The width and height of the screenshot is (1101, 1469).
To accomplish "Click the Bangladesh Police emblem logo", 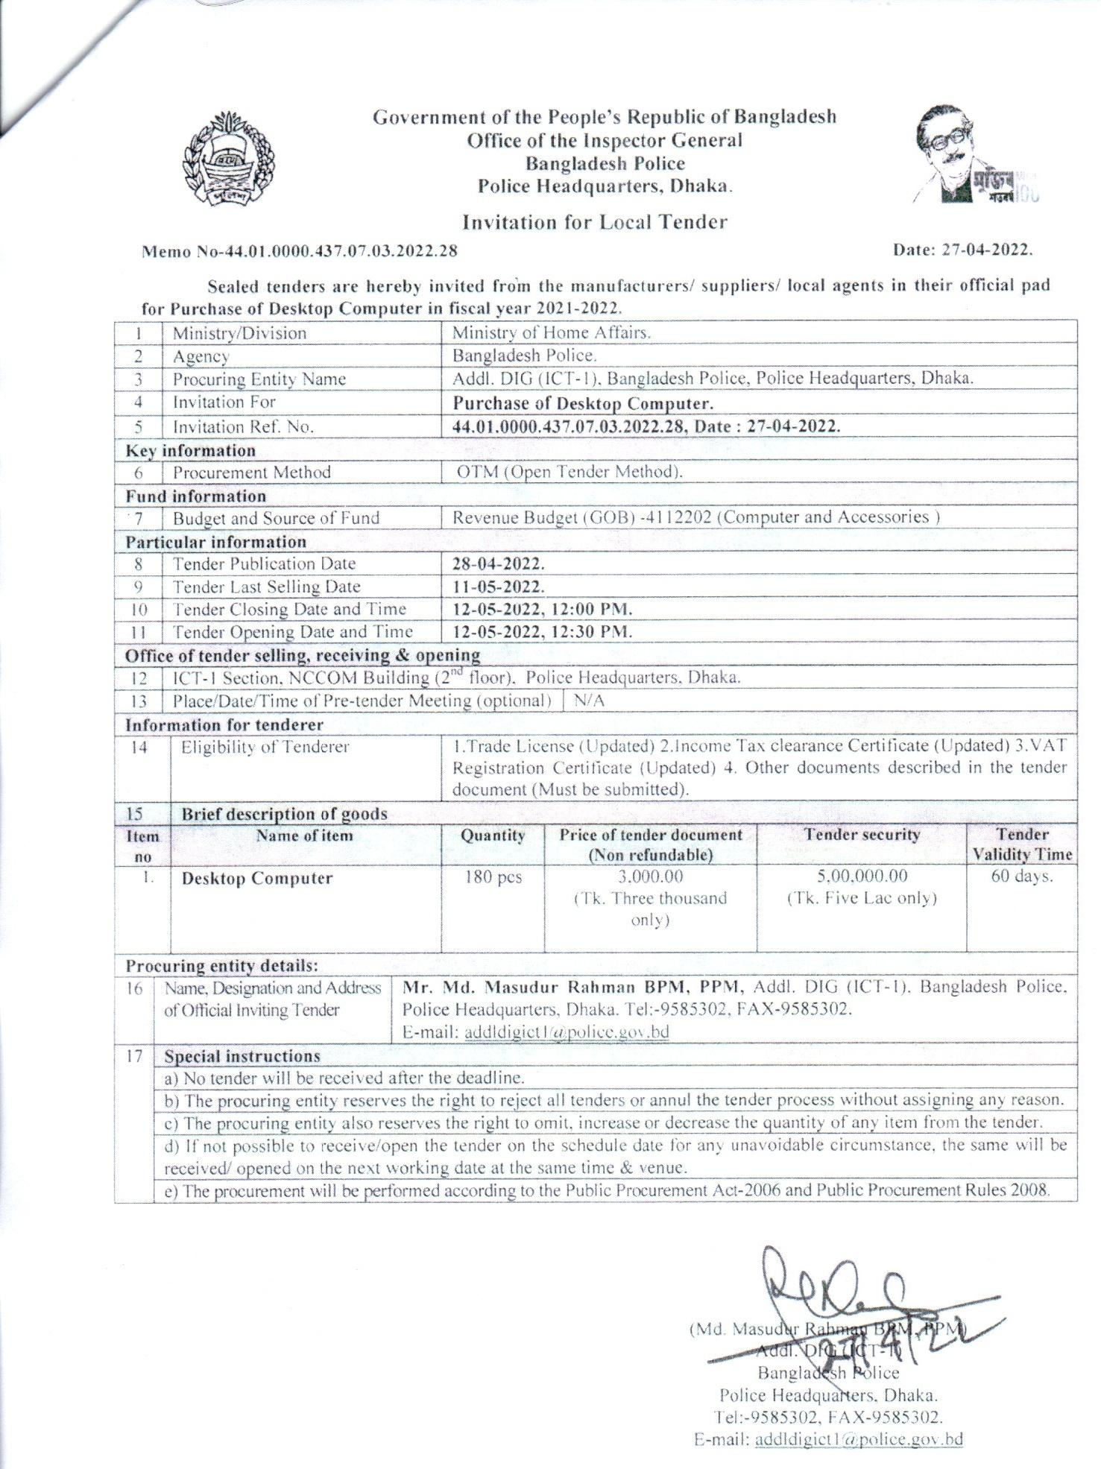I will pyautogui.click(x=228, y=159).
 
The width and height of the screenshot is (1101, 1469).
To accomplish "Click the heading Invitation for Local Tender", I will pyautogui.click(x=594, y=221).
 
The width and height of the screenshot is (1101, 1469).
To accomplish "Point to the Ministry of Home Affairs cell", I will pyautogui.click(x=551, y=332).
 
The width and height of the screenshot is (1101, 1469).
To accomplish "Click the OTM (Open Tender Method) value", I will pyautogui.click(x=570, y=472).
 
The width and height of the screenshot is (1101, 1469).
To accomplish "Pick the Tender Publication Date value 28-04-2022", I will pyautogui.click(x=499, y=563).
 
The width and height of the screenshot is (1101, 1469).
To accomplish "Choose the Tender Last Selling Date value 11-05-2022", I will pyautogui.click(x=499, y=587).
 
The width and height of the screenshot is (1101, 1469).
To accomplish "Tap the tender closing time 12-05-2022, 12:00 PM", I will pyautogui.click(x=543, y=609).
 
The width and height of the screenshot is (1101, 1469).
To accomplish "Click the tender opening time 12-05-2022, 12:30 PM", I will pyautogui.click(x=543, y=632).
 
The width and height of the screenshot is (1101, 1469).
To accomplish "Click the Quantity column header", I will pyautogui.click(x=492, y=835).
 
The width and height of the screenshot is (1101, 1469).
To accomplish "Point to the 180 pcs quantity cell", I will pyautogui.click(x=493, y=877).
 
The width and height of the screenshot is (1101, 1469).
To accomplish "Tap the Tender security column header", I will pyautogui.click(x=862, y=835).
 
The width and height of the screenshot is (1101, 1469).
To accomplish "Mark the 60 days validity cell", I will pyautogui.click(x=1021, y=876).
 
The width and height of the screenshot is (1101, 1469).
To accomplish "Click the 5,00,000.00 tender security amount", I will pyautogui.click(x=862, y=876).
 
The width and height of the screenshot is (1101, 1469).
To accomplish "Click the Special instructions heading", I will pyautogui.click(x=242, y=1056).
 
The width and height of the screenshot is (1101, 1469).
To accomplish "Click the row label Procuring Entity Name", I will pyautogui.click(x=259, y=379).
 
